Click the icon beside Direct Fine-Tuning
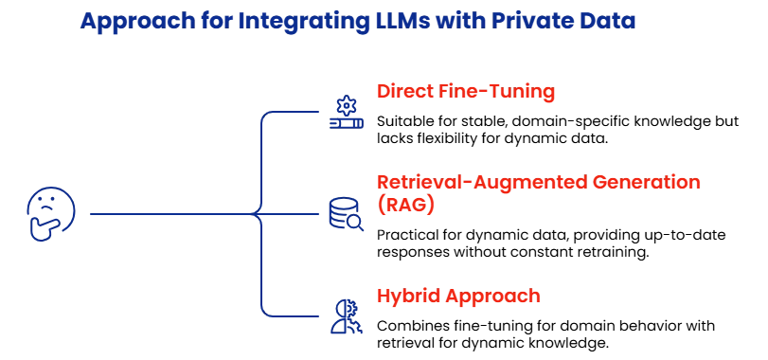344,111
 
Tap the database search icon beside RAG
345,215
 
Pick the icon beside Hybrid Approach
344,316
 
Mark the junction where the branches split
259,216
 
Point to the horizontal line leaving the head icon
170,216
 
